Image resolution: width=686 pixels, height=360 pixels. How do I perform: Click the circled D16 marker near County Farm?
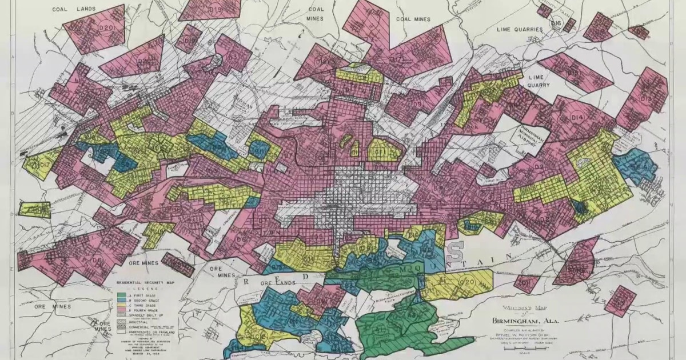pos(556,23)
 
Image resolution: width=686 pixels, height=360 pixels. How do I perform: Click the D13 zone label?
pos(646,98)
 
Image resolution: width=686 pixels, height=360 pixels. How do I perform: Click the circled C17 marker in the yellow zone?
pos(44,166)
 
